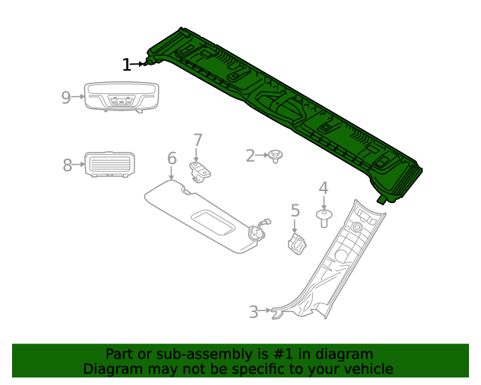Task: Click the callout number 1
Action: click(x=126, y=65)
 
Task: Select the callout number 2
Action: click(x=250, y=156)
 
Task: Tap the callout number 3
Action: click(x=253, y=311)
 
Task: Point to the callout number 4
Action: click(x=323, y=188)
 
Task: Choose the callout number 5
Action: click(x=295, y=211)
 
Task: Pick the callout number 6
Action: click(x=171, y=159)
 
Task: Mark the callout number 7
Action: click(x=198, y=140)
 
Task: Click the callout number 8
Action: click(x=67, y=165)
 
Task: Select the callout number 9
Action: click(x=66, y=97)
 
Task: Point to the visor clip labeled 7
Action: click(x=201, y=171)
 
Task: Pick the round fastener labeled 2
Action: click(x=277, y=156)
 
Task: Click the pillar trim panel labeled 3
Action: click(x=331, y=263)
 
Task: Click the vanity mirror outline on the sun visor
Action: click(x=213, y=224)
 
